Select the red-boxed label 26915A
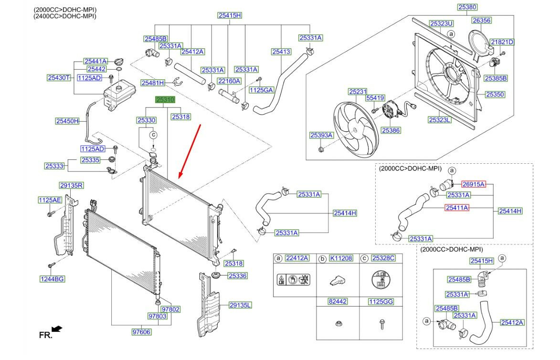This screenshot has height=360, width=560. click(473, 184)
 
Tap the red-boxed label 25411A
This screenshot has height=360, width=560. click(457, 208)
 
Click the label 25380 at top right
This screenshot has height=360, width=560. click(467, 7)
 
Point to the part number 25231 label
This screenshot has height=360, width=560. click(357, 92)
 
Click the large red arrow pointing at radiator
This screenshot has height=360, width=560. click(190, 150)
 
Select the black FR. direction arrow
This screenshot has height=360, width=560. click(57, 328)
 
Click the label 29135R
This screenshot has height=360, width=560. click(72, 185)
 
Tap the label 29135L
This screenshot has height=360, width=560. click(240, 305)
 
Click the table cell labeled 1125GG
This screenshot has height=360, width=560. click(380, 302)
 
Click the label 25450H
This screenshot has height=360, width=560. click(67, 121)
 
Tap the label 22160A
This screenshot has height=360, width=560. click(229, 81)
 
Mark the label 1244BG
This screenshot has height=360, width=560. click(52, 278)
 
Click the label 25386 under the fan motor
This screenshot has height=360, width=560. click(391, 130)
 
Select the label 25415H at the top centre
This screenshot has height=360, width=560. click(230, 15)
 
